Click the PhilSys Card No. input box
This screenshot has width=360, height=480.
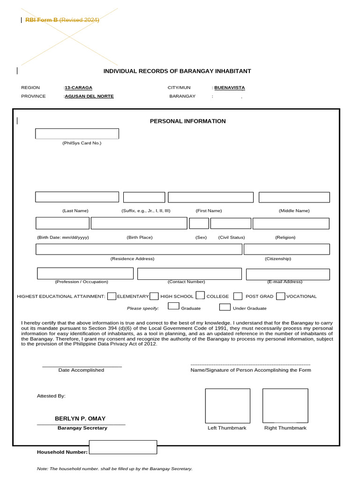click(x=77, y=134)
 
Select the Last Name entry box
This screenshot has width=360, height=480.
click(x=77, y=197)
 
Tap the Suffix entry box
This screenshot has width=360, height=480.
click(x=144, y=197)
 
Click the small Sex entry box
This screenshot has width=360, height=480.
click(x=199, y=224)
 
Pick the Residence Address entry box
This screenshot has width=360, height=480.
click(x=139, y=249)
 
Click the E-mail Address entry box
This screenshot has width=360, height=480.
click(x=288, y=274)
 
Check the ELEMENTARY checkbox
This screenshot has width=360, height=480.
click(x=112, y=296)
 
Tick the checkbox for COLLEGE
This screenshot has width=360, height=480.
click(x=200, y=295)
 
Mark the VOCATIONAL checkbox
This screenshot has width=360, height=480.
click(x=280, y=296)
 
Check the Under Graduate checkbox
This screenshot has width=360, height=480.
click(x=225, y=307)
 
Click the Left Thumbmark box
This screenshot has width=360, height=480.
click(x=227, y=405)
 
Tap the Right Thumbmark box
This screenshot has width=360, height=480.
click(x=285, y=405)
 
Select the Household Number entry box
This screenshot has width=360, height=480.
click(x=123, y=447)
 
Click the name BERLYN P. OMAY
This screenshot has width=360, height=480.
click(x=80, y=419)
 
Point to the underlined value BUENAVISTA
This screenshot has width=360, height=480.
click(x=230, y=88)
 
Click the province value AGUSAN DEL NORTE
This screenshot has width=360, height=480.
click(x=89, y=96)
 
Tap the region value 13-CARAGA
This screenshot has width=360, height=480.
click(x=79, y=88)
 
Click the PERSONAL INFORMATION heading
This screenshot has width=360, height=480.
click(x=187, y=121)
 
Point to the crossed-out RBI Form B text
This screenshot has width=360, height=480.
click(x=42, y=20)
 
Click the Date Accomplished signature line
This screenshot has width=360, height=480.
click(x=82, y=366)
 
